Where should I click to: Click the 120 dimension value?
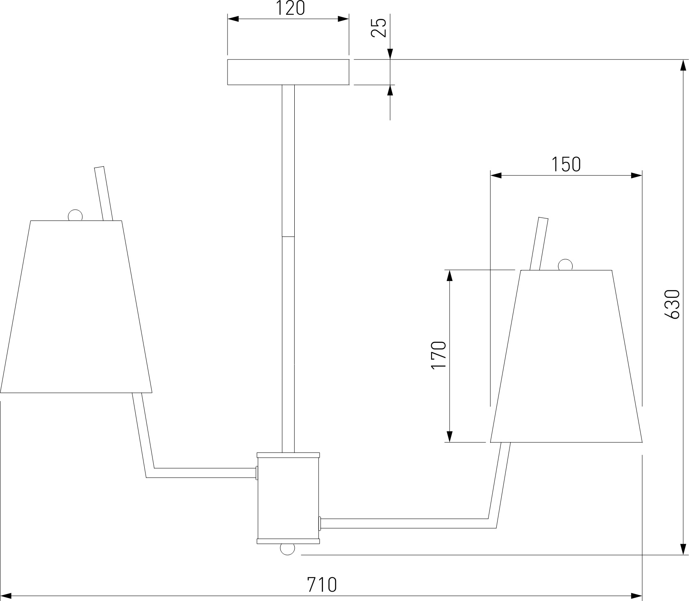click(x=290, y=9)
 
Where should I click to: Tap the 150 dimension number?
click(x=566, y=165)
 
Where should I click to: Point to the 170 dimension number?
click(x=439, y=355)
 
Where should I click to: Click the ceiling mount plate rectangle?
click(x=288, y=72)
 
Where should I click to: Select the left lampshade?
click(x=76, y=307)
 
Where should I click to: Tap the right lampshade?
click(x=566, y=356)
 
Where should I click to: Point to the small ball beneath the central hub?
click(x=287, y=549)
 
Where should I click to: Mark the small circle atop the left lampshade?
click(x=75, y=215)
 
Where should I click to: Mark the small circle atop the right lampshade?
click(x=565, y=265)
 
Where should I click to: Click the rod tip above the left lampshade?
click(x=100, y=169)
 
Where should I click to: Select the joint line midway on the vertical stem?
click(x=288, y=236)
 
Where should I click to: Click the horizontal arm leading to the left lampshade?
click(x=203, y=473)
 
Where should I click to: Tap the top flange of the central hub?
click(x=288, y=455)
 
